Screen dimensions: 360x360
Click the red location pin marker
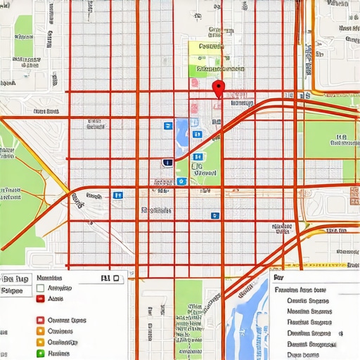click(218, 89)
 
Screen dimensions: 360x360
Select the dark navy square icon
click(167, 162)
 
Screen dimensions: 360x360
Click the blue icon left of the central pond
click(167, 125)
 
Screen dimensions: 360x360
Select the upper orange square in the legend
click(41, 320)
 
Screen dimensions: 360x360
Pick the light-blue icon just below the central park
click(182, 181)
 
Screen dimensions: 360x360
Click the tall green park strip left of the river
click(188, 316)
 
